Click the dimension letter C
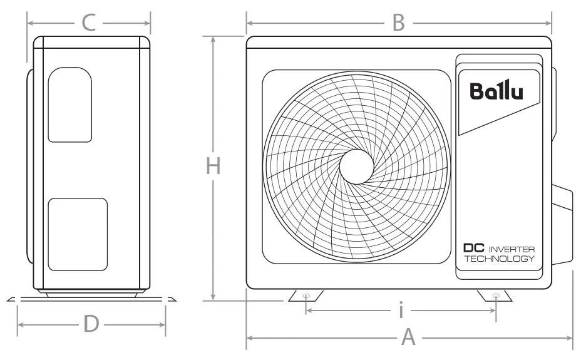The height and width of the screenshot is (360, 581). (x=89, y=23)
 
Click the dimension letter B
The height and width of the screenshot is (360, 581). (x=399, y=23)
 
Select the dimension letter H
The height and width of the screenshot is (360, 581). (x=213, y=166)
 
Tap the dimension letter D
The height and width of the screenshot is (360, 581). (x=91, y=324)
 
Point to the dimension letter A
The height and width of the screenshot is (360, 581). (x=408, y=337)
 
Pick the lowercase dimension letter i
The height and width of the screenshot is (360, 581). (x=401, y=311)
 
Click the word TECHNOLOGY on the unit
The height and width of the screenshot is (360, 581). (x=500, y=259)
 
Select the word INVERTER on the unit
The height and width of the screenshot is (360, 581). (x=512, y=249)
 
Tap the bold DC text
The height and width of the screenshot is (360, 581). (x=474, y=248)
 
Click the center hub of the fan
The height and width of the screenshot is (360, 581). (x=356, y=167)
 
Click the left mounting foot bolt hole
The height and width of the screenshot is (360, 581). (x=306, y=296)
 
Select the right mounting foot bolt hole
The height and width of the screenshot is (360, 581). (x=496, y=296)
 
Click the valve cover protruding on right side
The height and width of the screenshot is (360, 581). (x=562, y=225)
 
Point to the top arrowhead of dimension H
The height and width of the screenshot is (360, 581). (x=213, y=39)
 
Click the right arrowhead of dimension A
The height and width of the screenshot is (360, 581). (x=570, y=337)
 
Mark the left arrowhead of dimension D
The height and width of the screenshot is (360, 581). (x=21, y=325)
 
